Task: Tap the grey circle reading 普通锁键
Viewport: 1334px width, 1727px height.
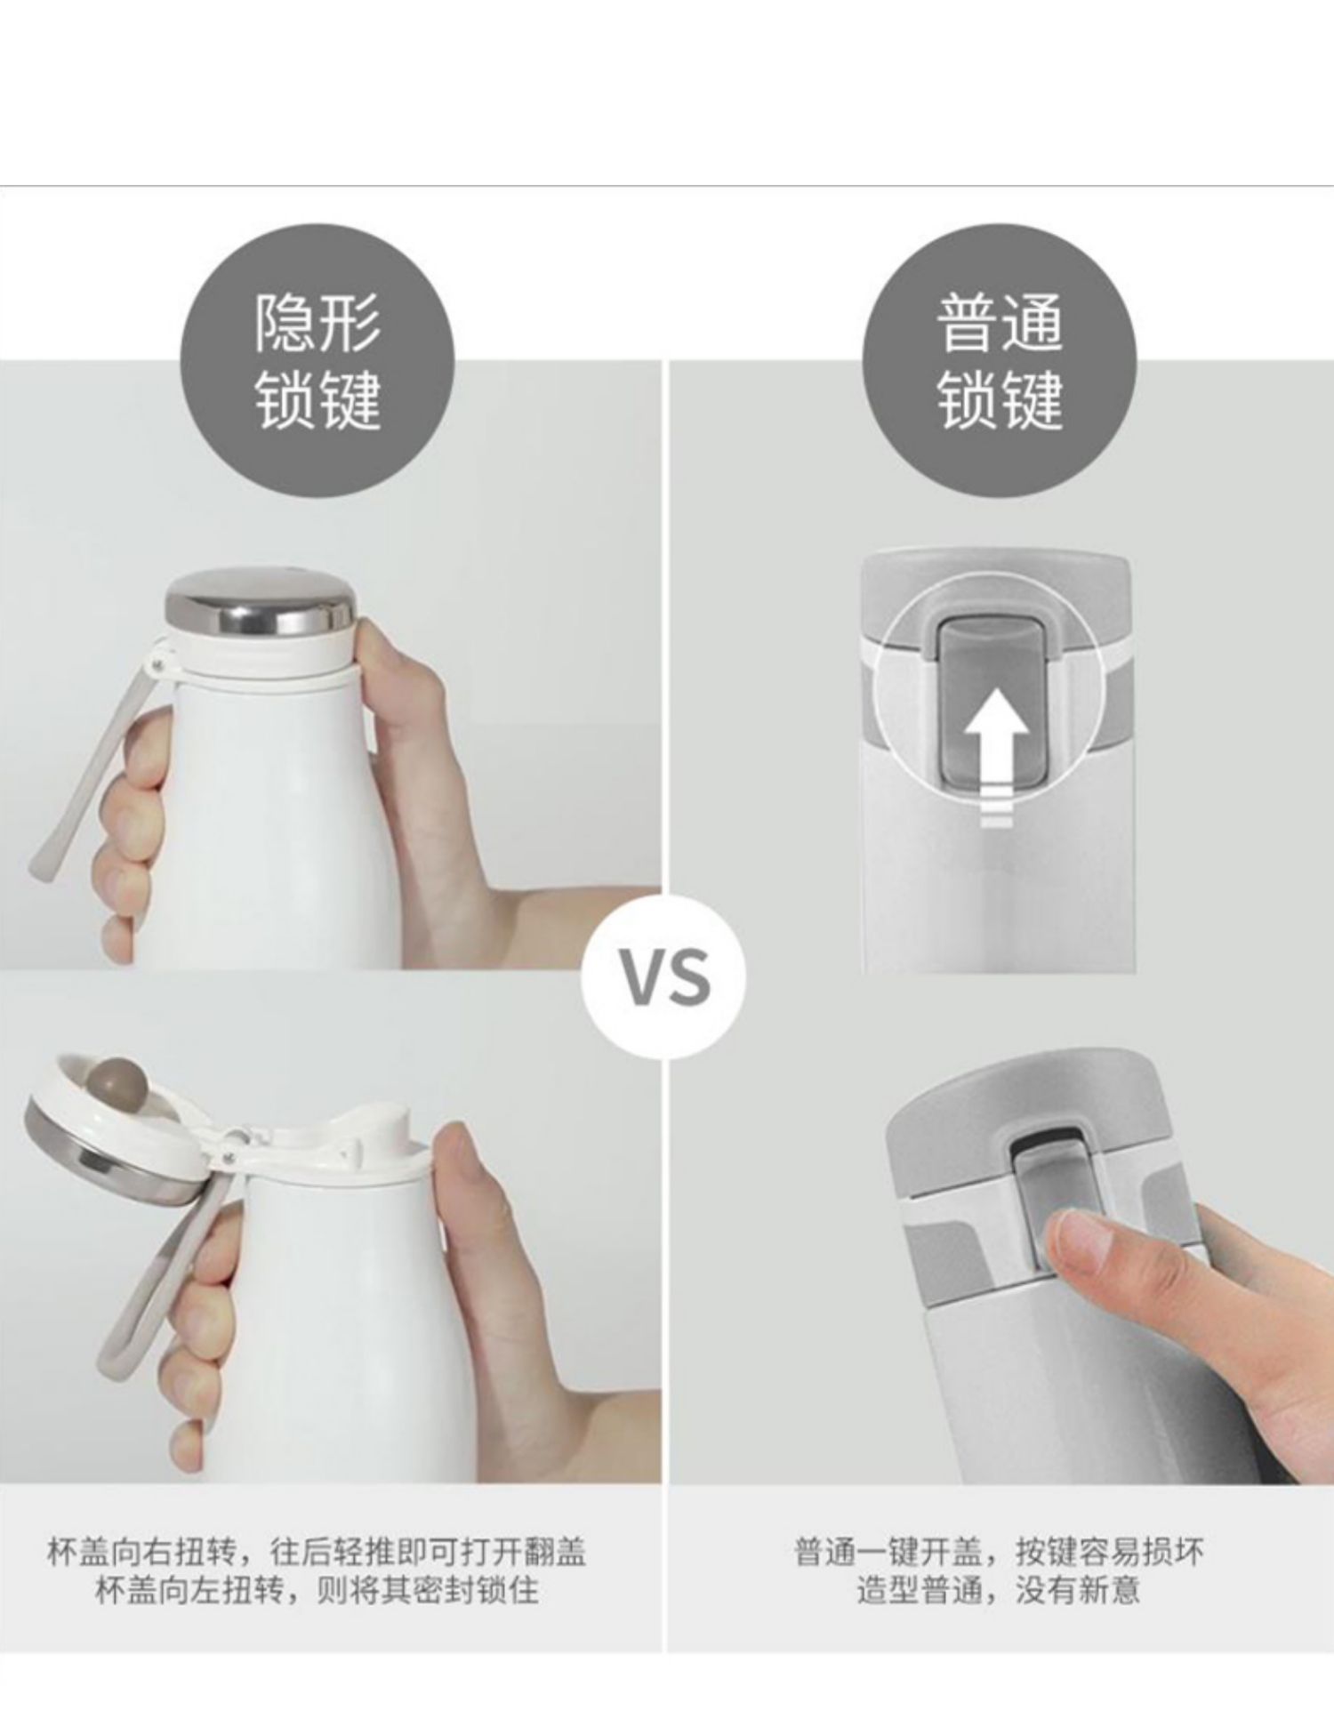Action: tap(1000, 360)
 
